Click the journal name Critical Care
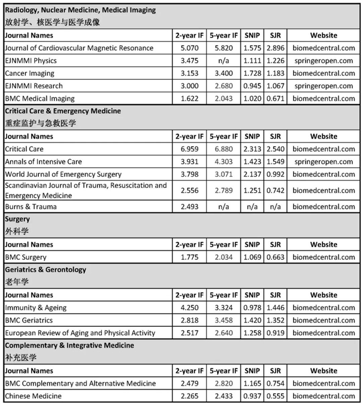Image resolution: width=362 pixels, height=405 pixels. [x=24, y=149]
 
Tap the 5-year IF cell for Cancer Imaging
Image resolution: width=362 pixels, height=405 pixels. [x=223, y=73]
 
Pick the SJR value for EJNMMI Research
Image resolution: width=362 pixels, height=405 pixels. [x=275, y=86]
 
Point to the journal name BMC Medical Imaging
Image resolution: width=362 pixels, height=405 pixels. [x=40, y=98]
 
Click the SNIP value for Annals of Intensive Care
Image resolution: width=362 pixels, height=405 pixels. [x=252, y=161]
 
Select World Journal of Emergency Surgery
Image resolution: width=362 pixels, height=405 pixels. [x=63, y=174]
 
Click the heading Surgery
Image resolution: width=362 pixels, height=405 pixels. [x=18, y=219]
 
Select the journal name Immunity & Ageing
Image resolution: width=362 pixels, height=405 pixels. [x=36, y=308]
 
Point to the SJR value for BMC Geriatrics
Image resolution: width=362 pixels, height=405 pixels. [x=275, y=320]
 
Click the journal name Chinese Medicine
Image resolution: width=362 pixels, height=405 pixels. [x=33, y=396]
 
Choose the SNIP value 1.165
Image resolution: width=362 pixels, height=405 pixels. [x=252, y=383]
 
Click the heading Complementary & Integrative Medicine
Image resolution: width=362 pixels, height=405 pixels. [x=71, y=345]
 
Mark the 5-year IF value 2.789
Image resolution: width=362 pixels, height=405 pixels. [x=223, y=190]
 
